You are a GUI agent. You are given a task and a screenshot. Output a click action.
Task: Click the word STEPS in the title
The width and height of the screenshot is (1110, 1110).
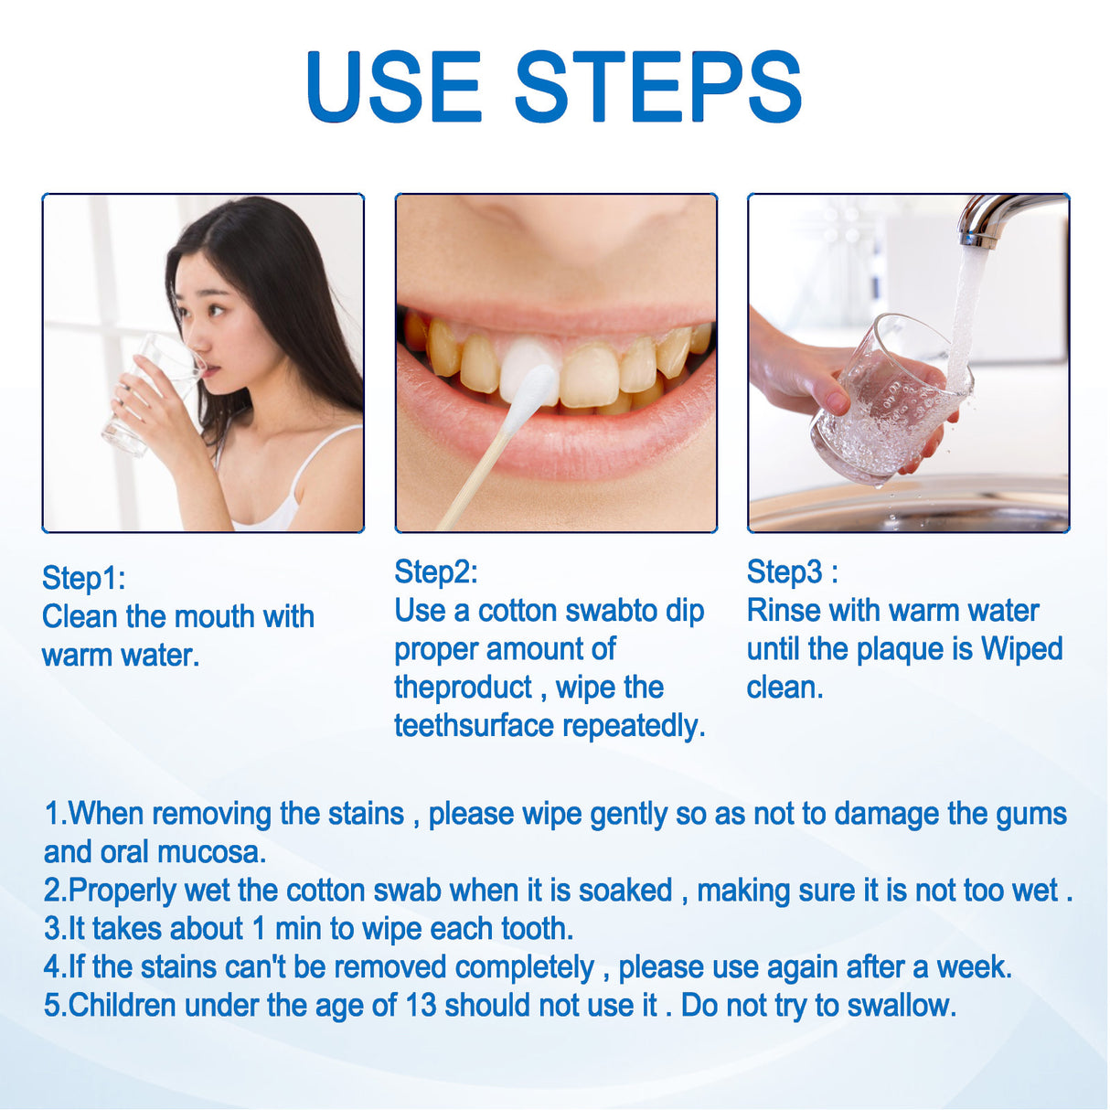point(657,87)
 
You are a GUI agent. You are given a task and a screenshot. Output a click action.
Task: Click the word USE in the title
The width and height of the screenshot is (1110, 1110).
point(393,87)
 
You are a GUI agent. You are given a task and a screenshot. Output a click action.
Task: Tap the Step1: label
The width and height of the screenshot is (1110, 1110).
point(83,578)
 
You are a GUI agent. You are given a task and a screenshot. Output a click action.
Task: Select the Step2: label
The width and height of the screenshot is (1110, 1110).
point(435,571)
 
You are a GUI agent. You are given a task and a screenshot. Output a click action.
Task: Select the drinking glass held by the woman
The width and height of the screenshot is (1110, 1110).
point(152,393)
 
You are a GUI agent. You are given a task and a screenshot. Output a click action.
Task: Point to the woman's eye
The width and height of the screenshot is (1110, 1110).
point(216,311)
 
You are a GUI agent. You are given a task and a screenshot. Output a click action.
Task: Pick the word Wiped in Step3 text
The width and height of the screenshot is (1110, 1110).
point(1021,649)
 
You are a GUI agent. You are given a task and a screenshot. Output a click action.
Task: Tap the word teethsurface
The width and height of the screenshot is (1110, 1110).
point(474,726)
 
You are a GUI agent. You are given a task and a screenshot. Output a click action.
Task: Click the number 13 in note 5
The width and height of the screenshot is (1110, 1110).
point(421,1006)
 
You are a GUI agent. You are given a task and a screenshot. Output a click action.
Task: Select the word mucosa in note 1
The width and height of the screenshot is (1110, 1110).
point(211,852)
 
